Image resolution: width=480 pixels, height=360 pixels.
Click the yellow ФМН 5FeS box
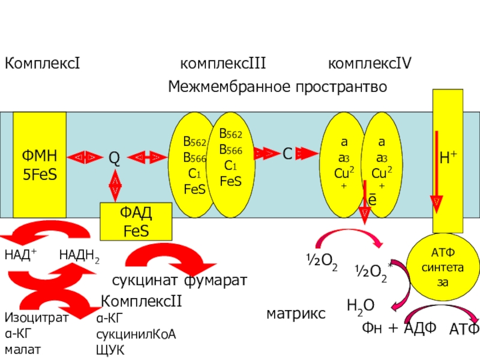point(40,165)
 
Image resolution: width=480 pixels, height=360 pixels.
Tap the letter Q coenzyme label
point(114,158)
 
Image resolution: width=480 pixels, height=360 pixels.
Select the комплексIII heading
point(223,64)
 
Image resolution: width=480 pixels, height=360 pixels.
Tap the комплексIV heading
point(370,64)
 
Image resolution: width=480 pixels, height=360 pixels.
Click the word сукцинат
point(146,280)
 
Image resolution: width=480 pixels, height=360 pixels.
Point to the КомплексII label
point(141,301)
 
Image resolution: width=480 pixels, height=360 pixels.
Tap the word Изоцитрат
point(36,319)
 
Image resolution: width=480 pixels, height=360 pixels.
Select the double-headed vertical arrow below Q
point(115,185)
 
